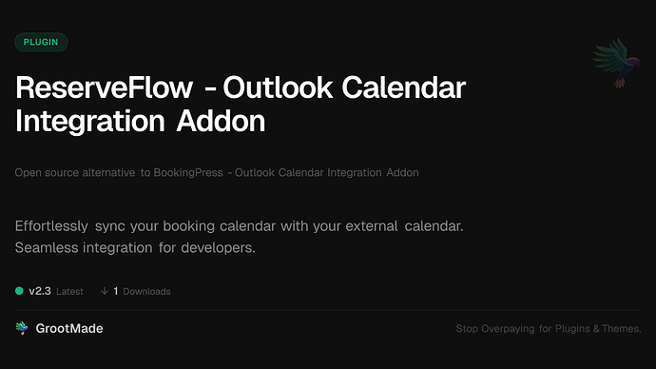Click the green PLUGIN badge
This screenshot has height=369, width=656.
tap(41, 42)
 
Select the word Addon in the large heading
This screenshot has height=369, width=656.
tap(215, 123)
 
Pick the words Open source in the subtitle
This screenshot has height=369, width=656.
tap(43, 173)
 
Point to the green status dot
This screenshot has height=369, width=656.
tap(20, 291)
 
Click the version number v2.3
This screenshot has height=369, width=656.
tap(39, 291)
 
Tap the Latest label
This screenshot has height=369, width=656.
tap(69, 291)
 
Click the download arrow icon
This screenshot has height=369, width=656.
tap(103, 291)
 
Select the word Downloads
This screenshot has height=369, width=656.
tap(146, 291)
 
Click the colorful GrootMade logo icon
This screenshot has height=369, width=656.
tap(21, 328)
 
